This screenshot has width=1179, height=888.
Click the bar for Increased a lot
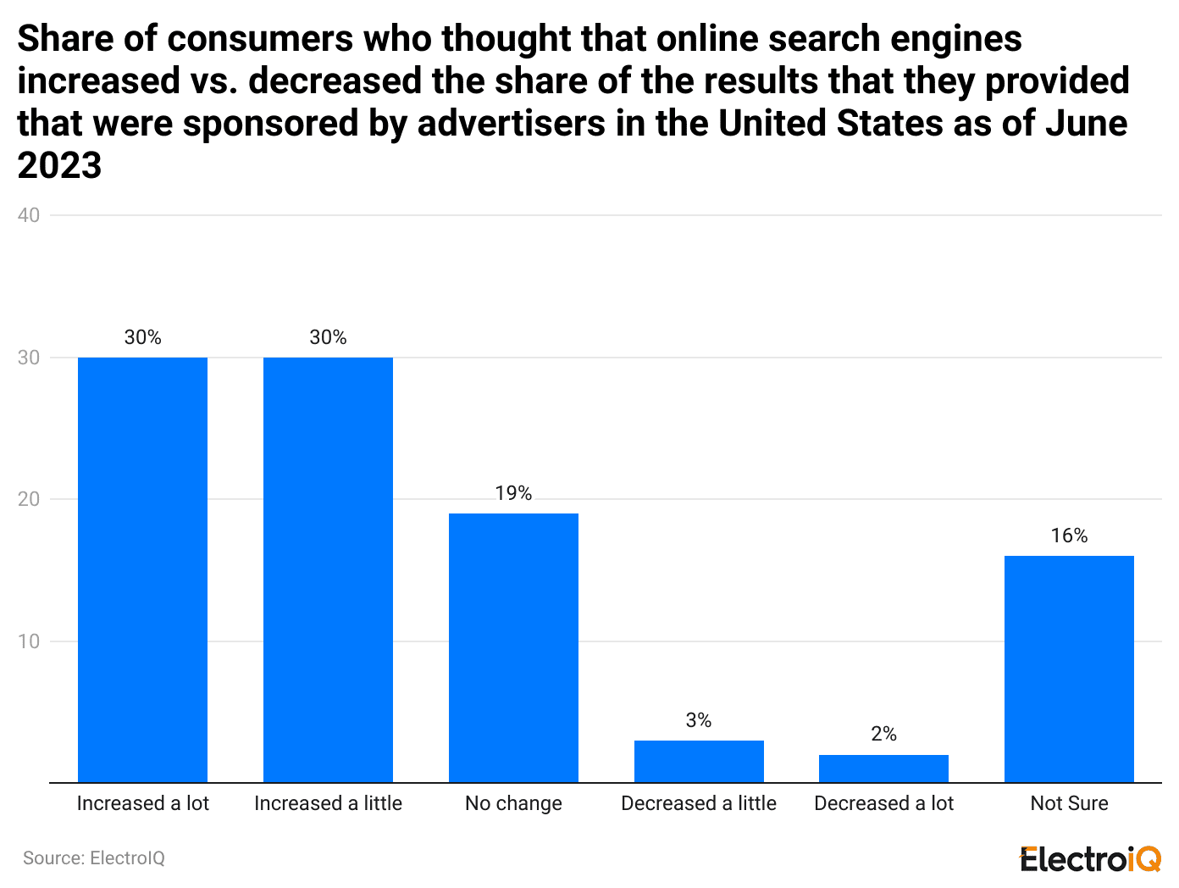142,569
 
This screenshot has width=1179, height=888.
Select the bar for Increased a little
328,569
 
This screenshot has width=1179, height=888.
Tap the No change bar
513,647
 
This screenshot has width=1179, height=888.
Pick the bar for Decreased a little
699,761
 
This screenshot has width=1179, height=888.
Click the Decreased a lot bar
883,769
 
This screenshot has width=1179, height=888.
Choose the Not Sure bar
1069,669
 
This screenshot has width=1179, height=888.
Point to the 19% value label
513,493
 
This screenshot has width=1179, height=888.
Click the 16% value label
1069,536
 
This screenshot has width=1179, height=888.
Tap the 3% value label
699,720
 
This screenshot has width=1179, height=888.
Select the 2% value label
883,734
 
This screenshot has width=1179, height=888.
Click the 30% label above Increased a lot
142,337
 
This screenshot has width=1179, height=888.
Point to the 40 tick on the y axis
29,215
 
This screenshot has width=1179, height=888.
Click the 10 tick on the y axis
29,641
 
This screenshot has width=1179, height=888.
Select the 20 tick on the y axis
29,499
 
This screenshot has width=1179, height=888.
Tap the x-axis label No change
513,803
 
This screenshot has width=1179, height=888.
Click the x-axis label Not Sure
1069,803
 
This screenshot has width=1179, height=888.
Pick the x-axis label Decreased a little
699,803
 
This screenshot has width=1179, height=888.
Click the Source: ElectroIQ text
94,858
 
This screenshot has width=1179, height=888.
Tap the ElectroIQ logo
1090,859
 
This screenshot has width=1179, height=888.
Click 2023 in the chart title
59,165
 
